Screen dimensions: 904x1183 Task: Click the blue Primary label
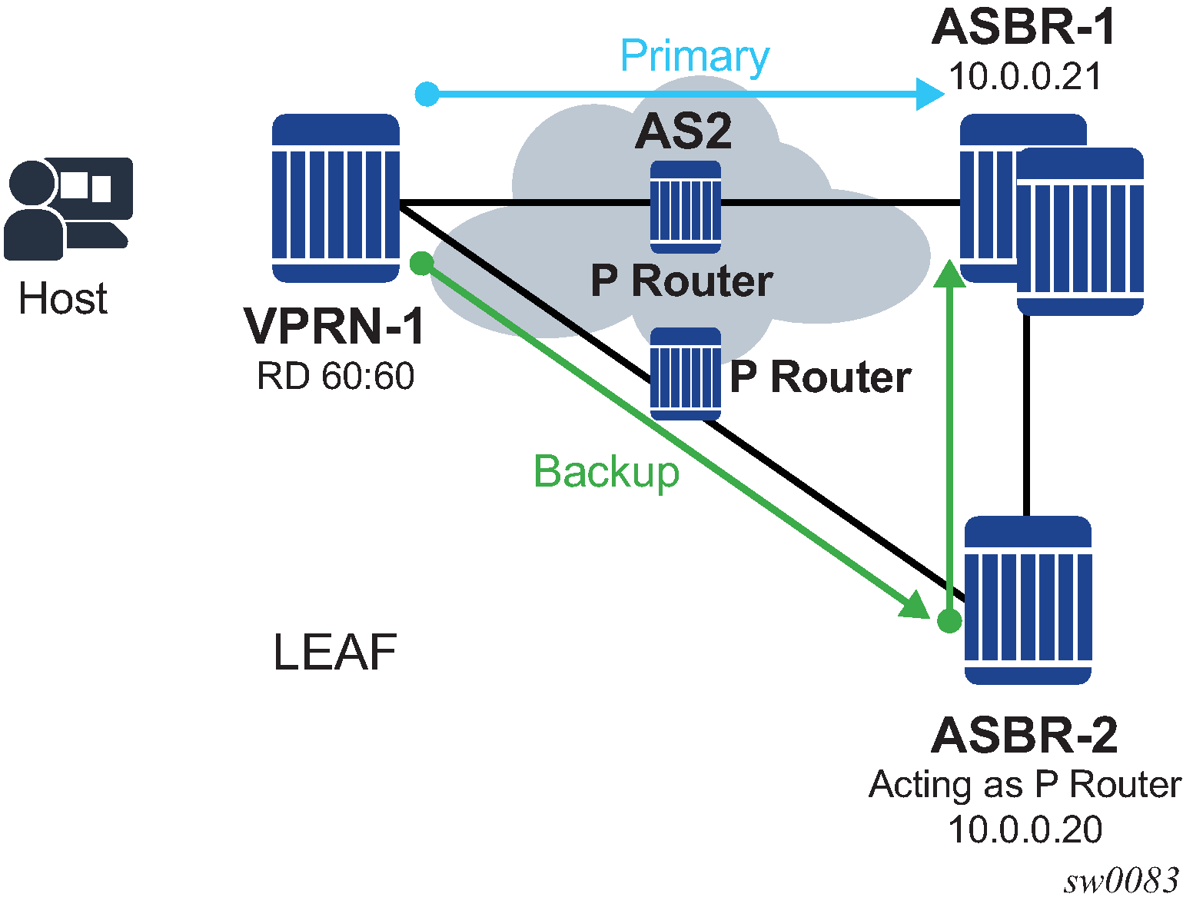(694, 56)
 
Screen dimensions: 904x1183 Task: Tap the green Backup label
(606, 471)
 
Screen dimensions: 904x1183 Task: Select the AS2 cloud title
(683, 131)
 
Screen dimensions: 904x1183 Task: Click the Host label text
(62, 298)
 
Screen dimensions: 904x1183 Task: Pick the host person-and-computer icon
(68, 208)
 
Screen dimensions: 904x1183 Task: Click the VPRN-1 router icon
(336, 198)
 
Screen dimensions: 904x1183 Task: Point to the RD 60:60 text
(336, 376)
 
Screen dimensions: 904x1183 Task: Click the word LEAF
(335, 653)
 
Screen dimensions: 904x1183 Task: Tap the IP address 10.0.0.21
(1025, 76)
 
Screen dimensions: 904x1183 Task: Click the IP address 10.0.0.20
(1025, 829)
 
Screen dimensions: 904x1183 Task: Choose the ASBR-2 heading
(1025, 735)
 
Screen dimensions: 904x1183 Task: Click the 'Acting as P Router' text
(1025, 785)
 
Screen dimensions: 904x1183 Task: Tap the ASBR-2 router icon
(1028, 600)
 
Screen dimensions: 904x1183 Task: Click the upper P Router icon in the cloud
(686, 207)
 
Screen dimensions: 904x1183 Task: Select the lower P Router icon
(686, 374)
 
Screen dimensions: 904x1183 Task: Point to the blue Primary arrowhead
(931, 95)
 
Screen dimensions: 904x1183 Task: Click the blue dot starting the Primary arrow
(427, 94)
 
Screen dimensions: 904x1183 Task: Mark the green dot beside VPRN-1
(421, 264)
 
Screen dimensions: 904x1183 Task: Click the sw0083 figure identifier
(1122, 882)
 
